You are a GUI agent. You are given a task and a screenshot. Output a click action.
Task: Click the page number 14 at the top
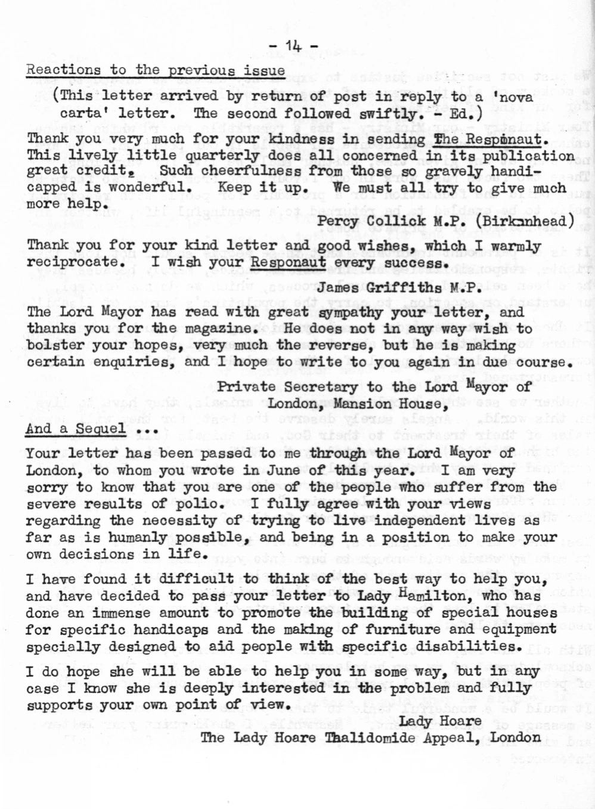click(293, 46)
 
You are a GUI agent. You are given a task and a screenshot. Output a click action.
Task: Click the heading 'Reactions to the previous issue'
click(156, 70)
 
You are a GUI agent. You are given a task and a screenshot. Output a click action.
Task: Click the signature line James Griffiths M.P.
click(398, 288)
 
